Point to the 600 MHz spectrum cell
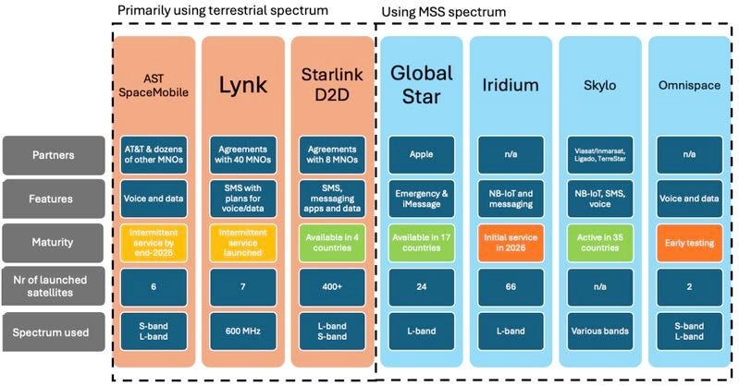click(243, 332)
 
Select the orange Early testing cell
click(687, 244)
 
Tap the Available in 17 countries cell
click(422, 244)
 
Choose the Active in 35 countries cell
click(600, 244)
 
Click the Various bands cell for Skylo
click(600, 332)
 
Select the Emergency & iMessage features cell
click(422, 199)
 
